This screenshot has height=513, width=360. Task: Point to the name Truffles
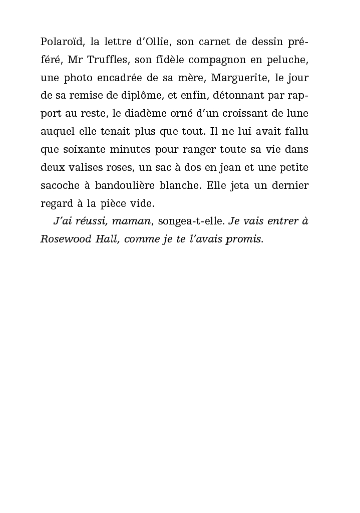107,60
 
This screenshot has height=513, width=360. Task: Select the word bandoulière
132,186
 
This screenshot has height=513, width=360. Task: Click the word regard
56,204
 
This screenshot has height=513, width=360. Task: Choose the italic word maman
131,221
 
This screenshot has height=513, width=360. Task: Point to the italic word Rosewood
63,239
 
